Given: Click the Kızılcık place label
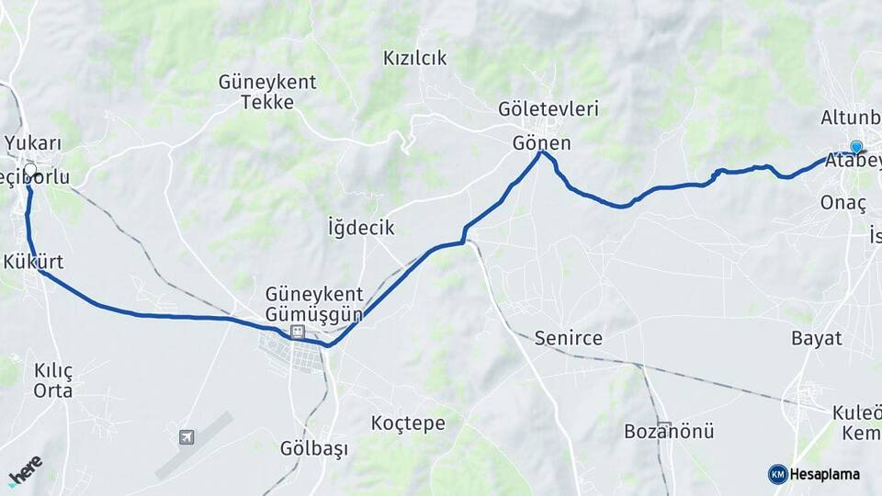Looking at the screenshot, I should click(414, 59).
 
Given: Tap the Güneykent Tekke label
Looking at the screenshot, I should click(267, 91).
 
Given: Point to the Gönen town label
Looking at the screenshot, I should click(541, 143).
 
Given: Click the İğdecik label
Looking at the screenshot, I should click(360, 227).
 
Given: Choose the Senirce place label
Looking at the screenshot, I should click(569, 338).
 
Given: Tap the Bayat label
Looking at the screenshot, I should click(816, 338).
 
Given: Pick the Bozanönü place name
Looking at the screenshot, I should click(669, 431).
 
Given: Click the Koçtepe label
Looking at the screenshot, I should click(408, 423).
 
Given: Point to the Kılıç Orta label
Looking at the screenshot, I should click(52, 380).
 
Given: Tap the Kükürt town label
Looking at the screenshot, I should click(33, 262).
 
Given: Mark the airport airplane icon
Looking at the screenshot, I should click(187, 437).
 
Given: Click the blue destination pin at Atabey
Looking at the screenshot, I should click(856, 147).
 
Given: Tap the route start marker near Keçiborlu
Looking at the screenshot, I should click(30, 169).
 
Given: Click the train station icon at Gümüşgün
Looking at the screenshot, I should click(297, 332).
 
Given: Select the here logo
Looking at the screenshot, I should click(25, 470).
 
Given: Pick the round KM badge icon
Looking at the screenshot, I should click(777, 474).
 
